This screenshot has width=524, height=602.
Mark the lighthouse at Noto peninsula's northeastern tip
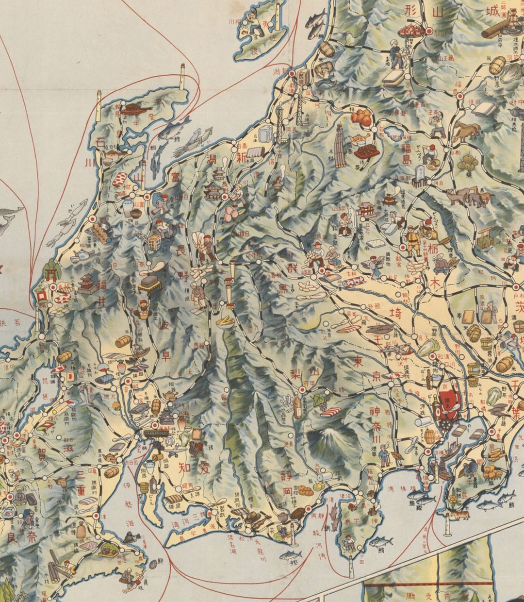click(x=183, y=76)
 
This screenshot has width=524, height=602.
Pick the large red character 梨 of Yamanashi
click(x=296, y=374)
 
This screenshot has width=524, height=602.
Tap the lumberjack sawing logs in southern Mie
click(x=65, y=568)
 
